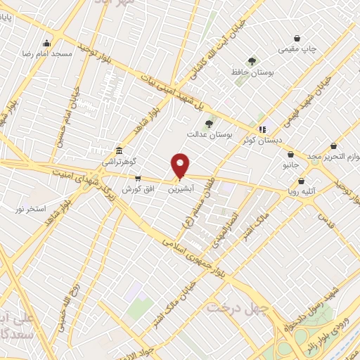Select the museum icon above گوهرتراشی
click(119, 151)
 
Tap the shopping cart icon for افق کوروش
click(138, 179)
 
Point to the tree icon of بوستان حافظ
click(252, 62)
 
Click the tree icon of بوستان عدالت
click(209, 124)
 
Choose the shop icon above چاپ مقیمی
click(298, 38)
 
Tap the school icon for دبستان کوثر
click(262, 129)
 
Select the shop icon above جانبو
click(291, 155)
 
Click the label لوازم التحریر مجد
click(336, 155)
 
